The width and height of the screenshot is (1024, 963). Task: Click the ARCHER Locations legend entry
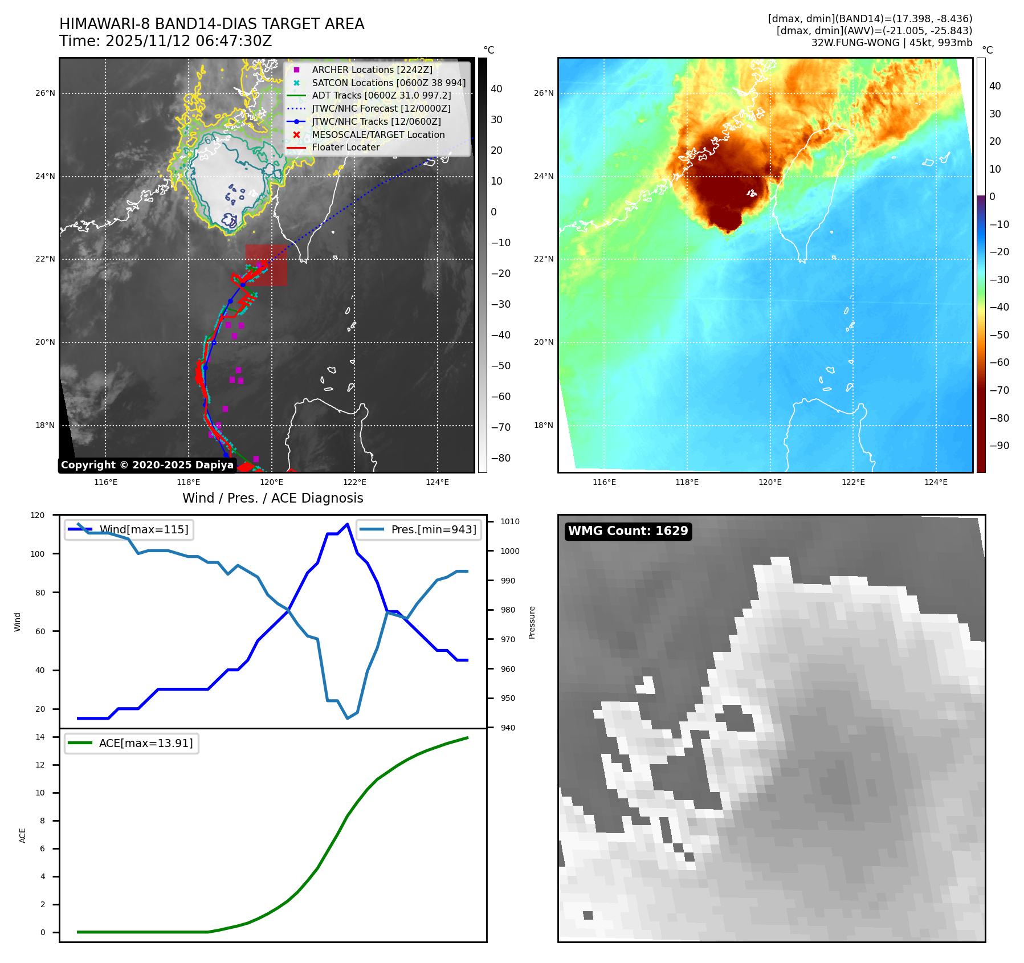point(372,70)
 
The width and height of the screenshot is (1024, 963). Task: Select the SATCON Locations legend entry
point(388,83)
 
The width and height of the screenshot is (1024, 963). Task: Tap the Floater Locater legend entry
point(345,147)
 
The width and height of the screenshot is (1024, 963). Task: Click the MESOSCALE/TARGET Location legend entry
point(378,134)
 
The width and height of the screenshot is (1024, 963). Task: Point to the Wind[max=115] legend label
point(144,529)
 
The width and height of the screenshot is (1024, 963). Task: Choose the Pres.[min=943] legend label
point(433,529)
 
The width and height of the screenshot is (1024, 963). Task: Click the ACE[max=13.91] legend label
point(146,743)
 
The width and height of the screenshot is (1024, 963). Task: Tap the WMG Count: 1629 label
point(628,531)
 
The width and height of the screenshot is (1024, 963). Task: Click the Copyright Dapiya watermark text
point(147,465)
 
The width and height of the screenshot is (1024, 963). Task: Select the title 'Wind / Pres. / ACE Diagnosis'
point(272,498)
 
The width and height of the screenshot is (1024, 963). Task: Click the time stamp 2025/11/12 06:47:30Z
point(189,42)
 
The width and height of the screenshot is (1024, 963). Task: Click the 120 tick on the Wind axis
point(38,515)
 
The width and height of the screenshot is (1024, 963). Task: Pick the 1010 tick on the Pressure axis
point(510,521)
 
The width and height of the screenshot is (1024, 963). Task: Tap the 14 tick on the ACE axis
point(40,737)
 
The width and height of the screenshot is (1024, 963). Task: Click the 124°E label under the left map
point(437,482)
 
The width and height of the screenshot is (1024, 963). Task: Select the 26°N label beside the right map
point(544,93)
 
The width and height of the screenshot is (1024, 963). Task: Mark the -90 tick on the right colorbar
point(999,446)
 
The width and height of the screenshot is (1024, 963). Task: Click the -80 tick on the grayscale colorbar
point(501,458)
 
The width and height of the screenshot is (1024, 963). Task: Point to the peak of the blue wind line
point(348,524)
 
